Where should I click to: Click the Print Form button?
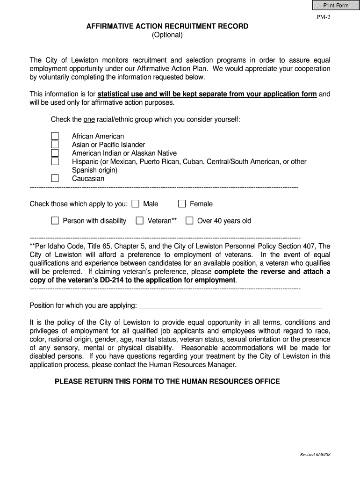click(x=333, y=6)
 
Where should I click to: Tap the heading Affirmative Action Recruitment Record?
click(x=167, y=27)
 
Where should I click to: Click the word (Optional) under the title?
click(x=167, y=35)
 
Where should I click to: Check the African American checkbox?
click(x=55, y=136)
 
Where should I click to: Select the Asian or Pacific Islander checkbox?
click(x=55, y=145)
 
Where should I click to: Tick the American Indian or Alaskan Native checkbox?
click(x=55, y=153)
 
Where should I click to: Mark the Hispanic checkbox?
click(x=55, y=161)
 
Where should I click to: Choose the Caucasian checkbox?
click(x=55, y=178)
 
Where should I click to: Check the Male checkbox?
click(x=136, y=203)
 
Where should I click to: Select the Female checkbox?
click(x=182, y=203)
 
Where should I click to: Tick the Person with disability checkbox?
click(x=55, y=221)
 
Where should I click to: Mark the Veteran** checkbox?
click(x=140, y=221)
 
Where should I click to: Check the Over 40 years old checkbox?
click(x=189, y=221)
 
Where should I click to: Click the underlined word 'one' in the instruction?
click(x=89, y=119)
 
